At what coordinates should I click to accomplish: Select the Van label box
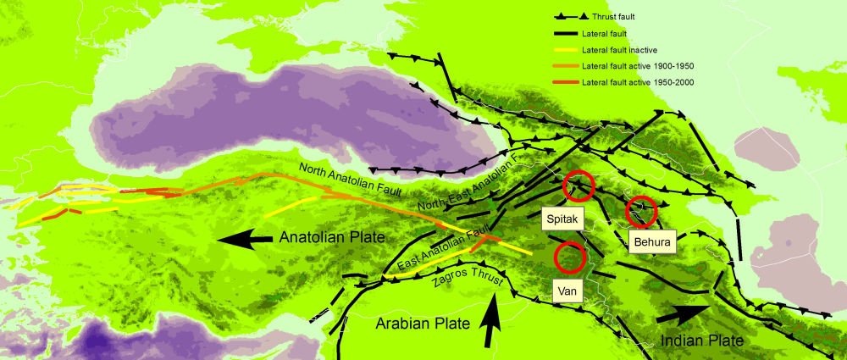tap(567, 291)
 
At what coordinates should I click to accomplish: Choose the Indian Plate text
tap(701, 340)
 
